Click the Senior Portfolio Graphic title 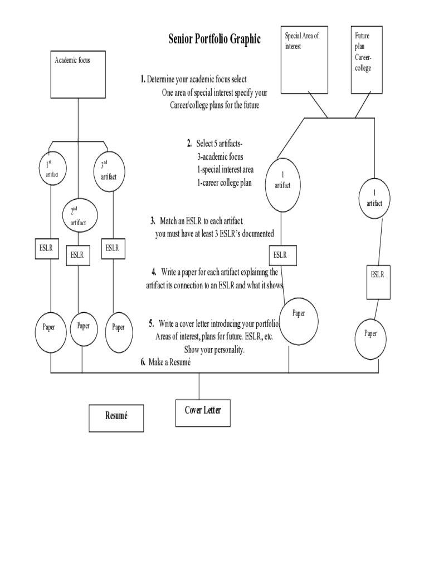click(x=214, y=39)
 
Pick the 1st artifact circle click(x=52, y=168)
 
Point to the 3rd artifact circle click(x=109, y=170)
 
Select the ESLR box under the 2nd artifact click(x=77, y=255)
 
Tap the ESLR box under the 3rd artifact click(x=112, y=249)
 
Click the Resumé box click(x=116, y=417)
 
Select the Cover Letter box click(x=202, y=412)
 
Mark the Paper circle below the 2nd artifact click(x=83, y=327)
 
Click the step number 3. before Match click(x=153, y=221)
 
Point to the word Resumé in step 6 click(x=178, y=362)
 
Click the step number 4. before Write click(x=153, y=272)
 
